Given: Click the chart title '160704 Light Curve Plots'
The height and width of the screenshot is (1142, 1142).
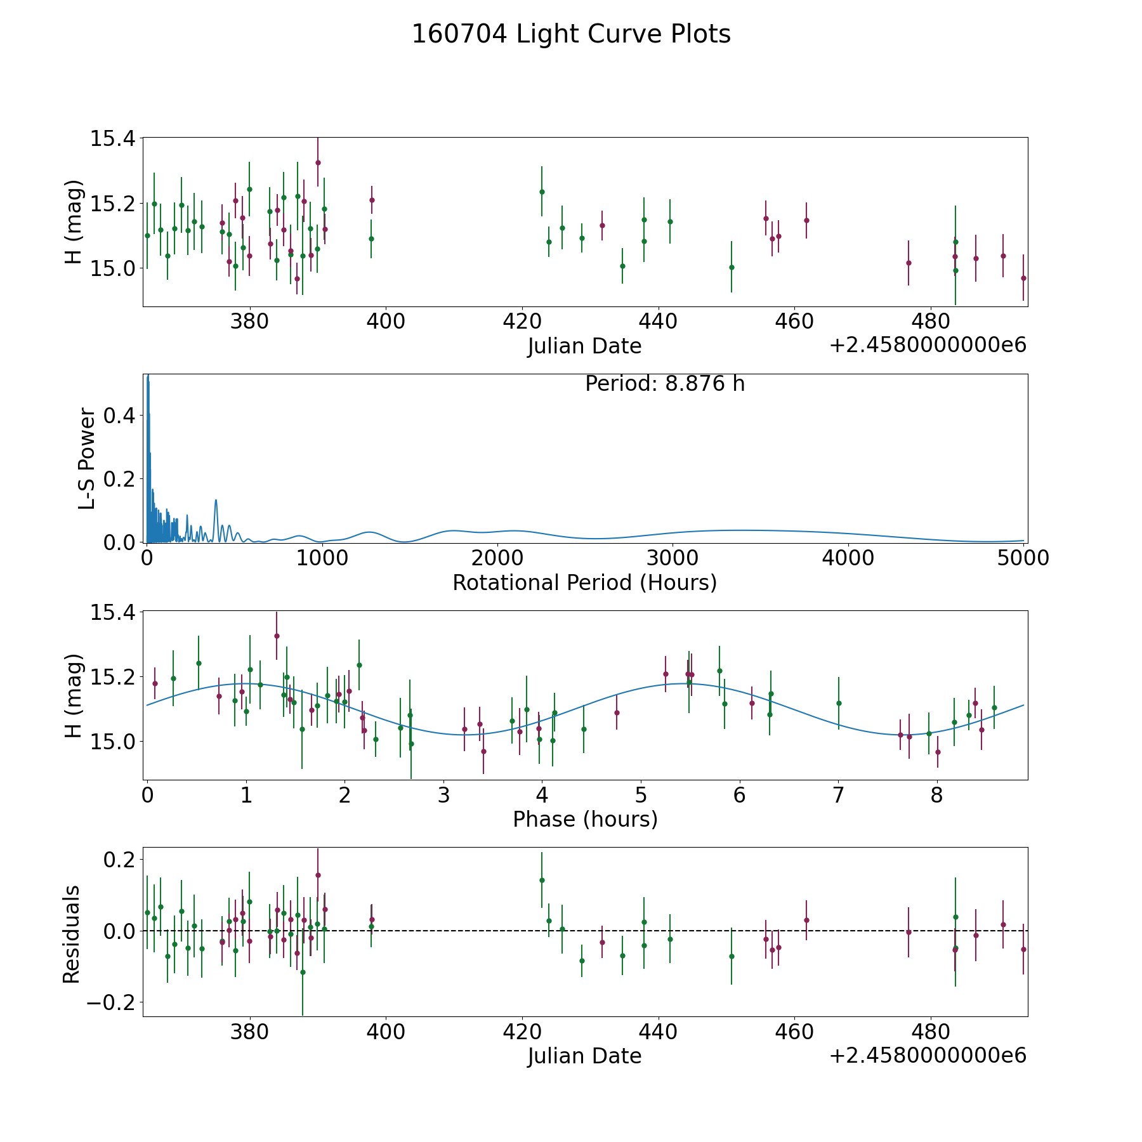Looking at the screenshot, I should click(x=571, y=34).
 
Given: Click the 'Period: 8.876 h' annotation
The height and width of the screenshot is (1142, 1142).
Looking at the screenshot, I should click(x=664, y=384).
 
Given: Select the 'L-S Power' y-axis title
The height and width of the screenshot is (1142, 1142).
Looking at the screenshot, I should click(x=87, y=459).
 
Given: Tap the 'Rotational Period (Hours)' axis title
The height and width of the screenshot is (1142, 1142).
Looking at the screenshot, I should click(x=584, y=582).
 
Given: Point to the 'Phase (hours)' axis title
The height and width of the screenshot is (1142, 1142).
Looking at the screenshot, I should click(x=585, y=819).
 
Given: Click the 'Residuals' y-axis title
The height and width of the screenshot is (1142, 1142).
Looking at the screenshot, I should click(x=72, y=934).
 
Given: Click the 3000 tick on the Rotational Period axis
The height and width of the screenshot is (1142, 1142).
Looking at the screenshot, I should click(x=672, y=558).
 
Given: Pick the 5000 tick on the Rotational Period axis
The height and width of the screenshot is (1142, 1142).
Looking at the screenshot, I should click(x=1022, y=558).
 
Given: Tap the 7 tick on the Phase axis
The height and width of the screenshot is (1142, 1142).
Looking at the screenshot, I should click(x=838, y=795).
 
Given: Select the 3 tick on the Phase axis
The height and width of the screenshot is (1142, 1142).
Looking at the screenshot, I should click(x=443, y=795).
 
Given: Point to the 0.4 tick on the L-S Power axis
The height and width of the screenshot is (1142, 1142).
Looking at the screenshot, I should click(x=119, y=416).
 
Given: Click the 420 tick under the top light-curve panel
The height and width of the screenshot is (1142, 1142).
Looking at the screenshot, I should click(x=522, y=322).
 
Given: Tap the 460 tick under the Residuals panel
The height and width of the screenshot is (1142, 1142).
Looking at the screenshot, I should click(x=794, y=1032).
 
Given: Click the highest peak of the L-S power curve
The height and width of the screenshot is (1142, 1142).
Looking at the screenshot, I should click(x=148, y=376).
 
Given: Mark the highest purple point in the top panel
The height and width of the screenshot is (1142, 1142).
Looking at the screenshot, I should click(x=318, y=162).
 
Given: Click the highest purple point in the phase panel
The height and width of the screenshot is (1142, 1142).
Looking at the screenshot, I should click(x=277, y=636).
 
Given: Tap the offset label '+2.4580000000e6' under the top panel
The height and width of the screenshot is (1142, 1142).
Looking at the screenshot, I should click(x=928, y=346).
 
